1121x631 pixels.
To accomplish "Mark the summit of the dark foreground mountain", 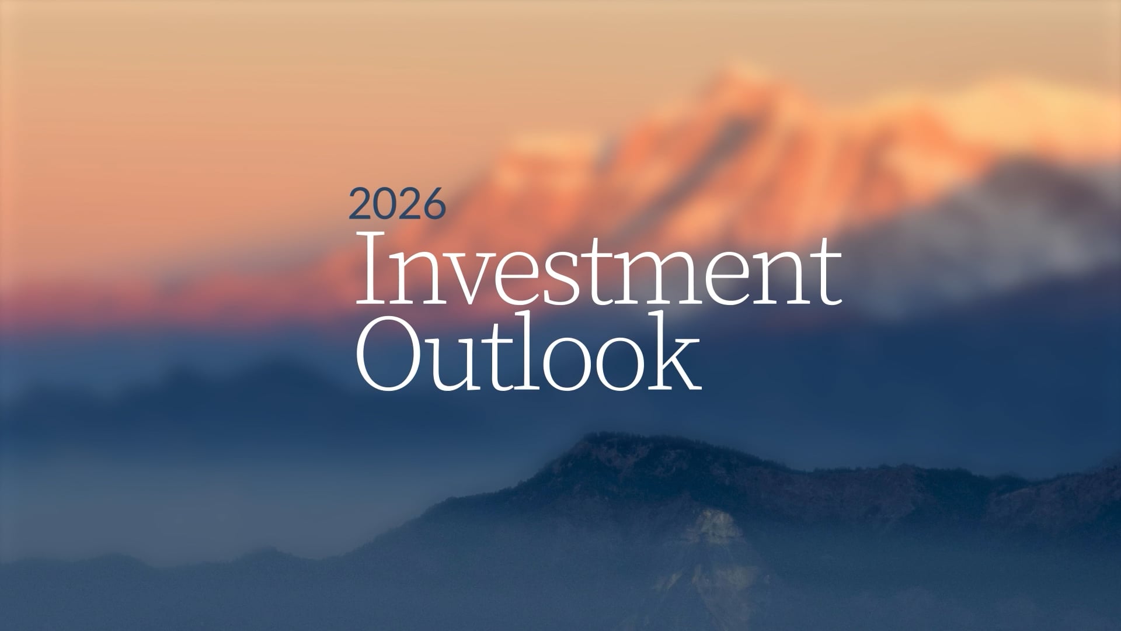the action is tap(607, 435).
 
